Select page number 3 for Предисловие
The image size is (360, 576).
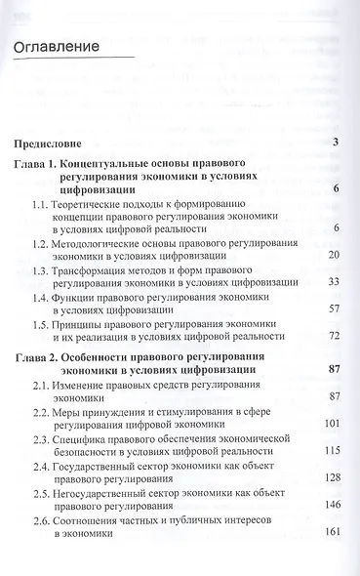pyautogui.click(x=335, y=144)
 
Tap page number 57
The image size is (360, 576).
pyautogui.click(x=332, y=309)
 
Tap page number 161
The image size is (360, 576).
pyautogui.click(x=329, y=533)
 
